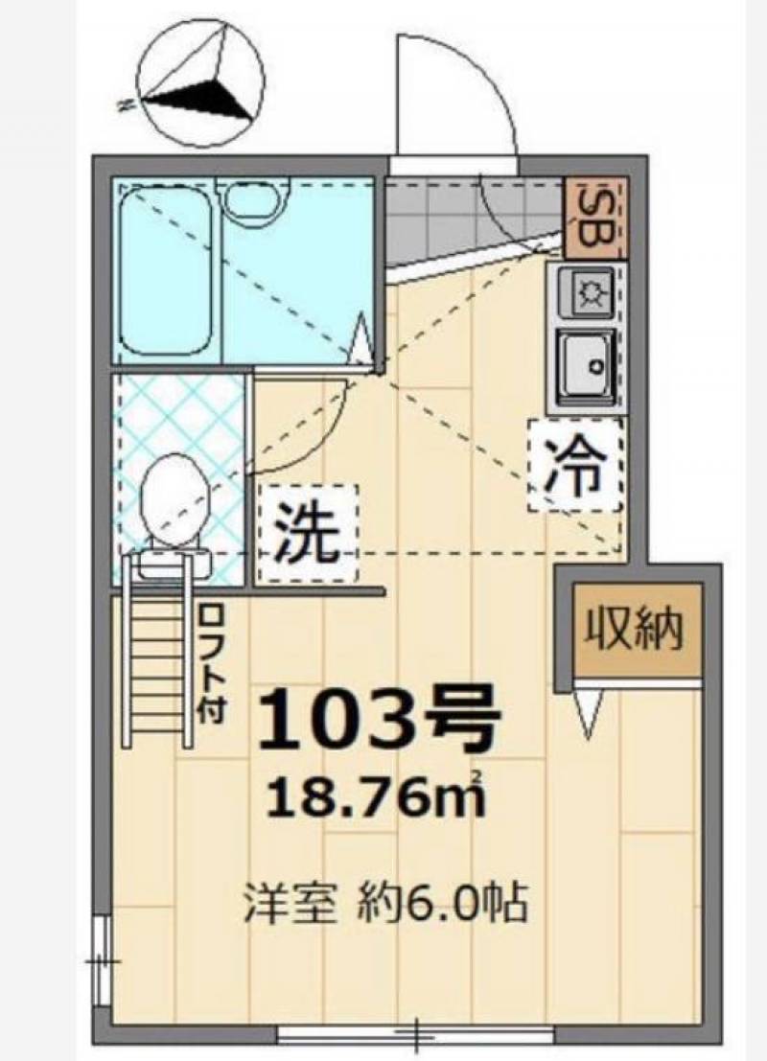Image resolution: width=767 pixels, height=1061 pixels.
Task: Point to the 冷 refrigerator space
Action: [575, 466]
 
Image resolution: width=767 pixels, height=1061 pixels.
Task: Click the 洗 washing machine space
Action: [309, 533]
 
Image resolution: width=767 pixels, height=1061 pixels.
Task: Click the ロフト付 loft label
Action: [212, 663]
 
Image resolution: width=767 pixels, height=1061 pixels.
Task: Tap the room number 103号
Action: [380, 719]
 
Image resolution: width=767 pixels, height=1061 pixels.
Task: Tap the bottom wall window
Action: [416, 1034]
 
